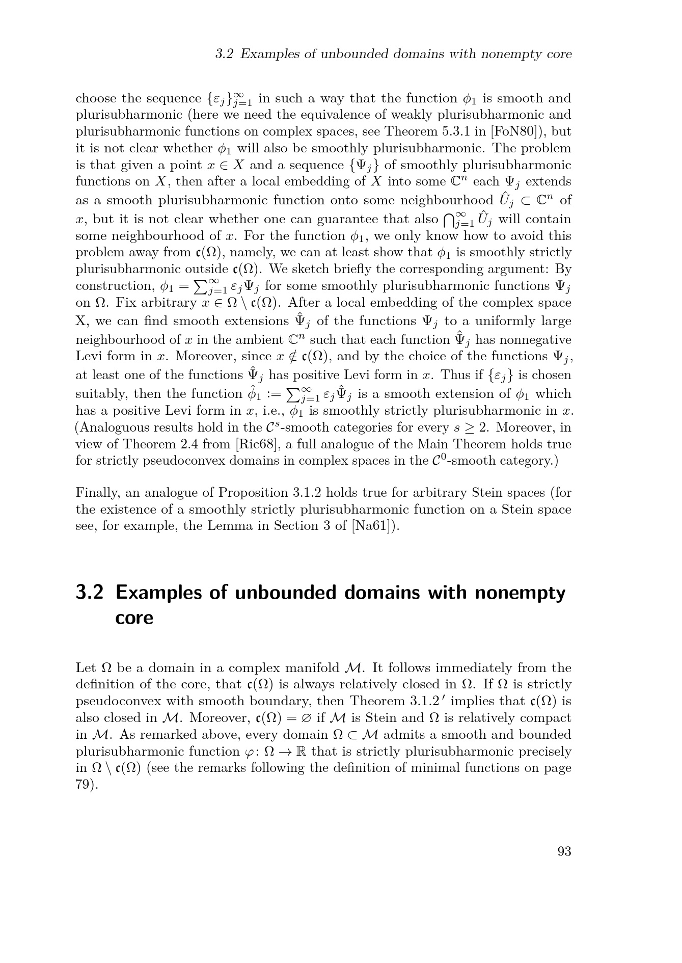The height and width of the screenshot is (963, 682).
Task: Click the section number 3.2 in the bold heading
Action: pos(90,593)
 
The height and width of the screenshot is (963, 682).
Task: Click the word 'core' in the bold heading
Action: pos(134,618)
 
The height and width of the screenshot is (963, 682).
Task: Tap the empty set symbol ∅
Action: pos(307,718)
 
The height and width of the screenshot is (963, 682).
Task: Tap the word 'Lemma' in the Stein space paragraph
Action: pos(229,526)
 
